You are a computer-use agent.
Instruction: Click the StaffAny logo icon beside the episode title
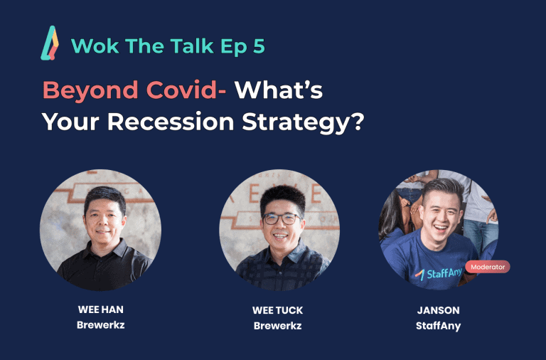(x=50, y=43)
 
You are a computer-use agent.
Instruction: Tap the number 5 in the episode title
(x=259, y=46)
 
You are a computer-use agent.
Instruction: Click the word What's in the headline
(x=279, y=90)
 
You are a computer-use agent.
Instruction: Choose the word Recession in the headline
(x=171, y=122)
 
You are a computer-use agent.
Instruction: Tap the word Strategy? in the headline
(x=303, y=122)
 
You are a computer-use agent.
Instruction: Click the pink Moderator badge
(x=488, y=267)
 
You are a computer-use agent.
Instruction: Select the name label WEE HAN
(x=101, y=309)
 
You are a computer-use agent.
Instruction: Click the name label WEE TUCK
(x=277, y=310)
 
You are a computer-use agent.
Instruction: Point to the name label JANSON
(x=439, y=310)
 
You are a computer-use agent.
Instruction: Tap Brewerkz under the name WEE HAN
(x=101, y=325)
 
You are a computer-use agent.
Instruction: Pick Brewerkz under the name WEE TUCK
(x=277, y=326)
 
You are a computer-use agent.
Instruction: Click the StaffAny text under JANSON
(x=439, y=326)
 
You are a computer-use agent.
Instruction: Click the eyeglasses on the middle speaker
(x=282, y=219)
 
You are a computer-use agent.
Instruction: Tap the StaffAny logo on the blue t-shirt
(x=438, y=274)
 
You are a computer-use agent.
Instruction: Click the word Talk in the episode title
(x=192, y=46)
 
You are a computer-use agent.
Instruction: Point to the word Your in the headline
(x=70, y=122)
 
